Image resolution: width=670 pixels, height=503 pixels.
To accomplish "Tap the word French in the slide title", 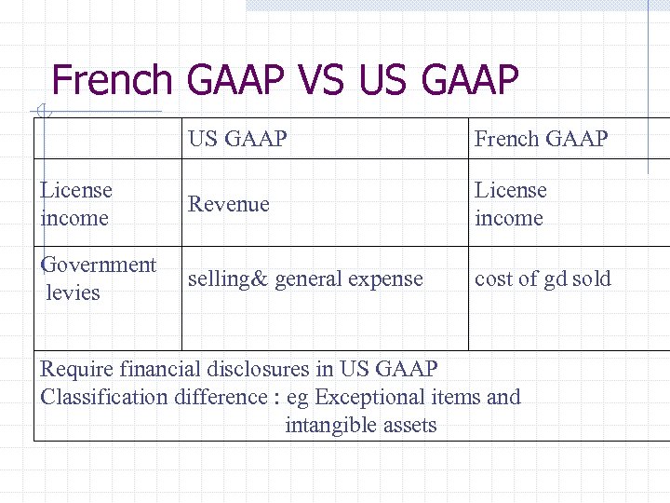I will pyautogui.click(x=113, y=80).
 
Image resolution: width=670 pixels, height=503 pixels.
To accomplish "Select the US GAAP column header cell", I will pyautogui.click(x=237, y=139).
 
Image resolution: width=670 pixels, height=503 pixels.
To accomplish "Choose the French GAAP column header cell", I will pyautogui.click(x=541, y=139).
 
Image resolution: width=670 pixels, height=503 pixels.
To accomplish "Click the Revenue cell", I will pyautogui.click(x=228, y=204).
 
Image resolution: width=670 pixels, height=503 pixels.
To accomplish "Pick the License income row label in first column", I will pyautogui.click(x=76, y=204).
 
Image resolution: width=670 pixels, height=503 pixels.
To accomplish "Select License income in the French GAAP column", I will pyautogui.click(x=511, y=204).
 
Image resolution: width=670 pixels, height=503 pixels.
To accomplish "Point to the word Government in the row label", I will pyautogui.click(x=99, y=265).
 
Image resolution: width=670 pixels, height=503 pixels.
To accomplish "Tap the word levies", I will pyautogui.click(x=73, y=292).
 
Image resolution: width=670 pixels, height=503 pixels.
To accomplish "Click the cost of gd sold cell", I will pyautogui.click(x=543, y=279).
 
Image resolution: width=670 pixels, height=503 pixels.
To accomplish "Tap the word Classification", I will pyautogui.click(x=106, y=397).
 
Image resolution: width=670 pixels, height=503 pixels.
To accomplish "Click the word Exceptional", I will pyautogui.click(x=370, y=397).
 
